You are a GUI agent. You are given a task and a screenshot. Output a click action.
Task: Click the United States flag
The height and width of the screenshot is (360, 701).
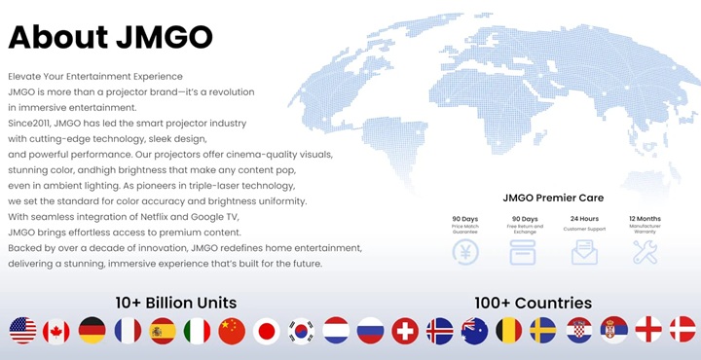click(22, 331)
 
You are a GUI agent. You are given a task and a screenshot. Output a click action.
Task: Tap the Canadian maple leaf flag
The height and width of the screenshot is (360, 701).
click(57, 331)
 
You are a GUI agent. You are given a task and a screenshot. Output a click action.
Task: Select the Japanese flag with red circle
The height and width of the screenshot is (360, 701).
click(267, 331)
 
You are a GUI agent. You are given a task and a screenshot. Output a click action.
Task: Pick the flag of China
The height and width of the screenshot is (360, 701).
click(232, 331)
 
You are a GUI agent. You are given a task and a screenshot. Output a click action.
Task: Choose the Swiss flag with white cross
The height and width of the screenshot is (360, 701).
click(405, 331)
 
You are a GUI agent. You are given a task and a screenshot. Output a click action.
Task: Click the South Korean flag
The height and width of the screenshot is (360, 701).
click(301, 331)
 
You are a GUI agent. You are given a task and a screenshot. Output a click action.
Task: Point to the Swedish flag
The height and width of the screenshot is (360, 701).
click(543, 331)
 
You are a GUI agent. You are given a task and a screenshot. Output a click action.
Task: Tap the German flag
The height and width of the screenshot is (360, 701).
click(92, 331)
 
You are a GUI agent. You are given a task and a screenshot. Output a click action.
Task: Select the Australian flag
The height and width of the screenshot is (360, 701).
click(474, 331)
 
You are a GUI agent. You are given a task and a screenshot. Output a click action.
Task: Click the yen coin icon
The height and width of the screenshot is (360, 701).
click(465, 252)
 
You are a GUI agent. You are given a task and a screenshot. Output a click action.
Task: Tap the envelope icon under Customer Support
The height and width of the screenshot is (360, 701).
click(585, 252)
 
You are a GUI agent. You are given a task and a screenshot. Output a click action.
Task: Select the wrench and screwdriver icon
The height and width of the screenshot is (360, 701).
click(645, 252)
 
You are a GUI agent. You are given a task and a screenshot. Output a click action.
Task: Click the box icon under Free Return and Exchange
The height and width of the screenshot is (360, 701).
click(525, 252)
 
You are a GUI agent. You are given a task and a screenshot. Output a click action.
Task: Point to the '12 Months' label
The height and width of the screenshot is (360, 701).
click(645, 218)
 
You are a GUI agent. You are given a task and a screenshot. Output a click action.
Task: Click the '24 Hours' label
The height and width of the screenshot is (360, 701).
click(585, 218)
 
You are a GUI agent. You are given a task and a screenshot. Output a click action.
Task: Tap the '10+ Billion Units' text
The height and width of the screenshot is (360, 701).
click(175, 302)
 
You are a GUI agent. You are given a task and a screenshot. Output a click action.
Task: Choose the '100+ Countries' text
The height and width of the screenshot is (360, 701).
click(533, 302)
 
